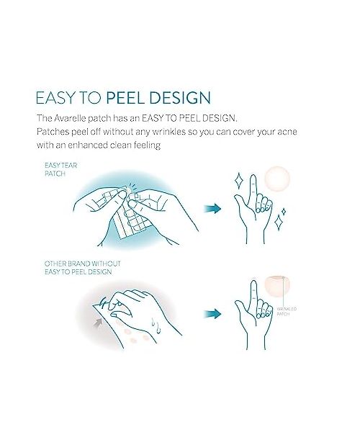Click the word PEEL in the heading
[125, 99]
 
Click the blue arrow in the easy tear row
[212, 209]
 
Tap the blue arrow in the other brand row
[212, 314]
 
